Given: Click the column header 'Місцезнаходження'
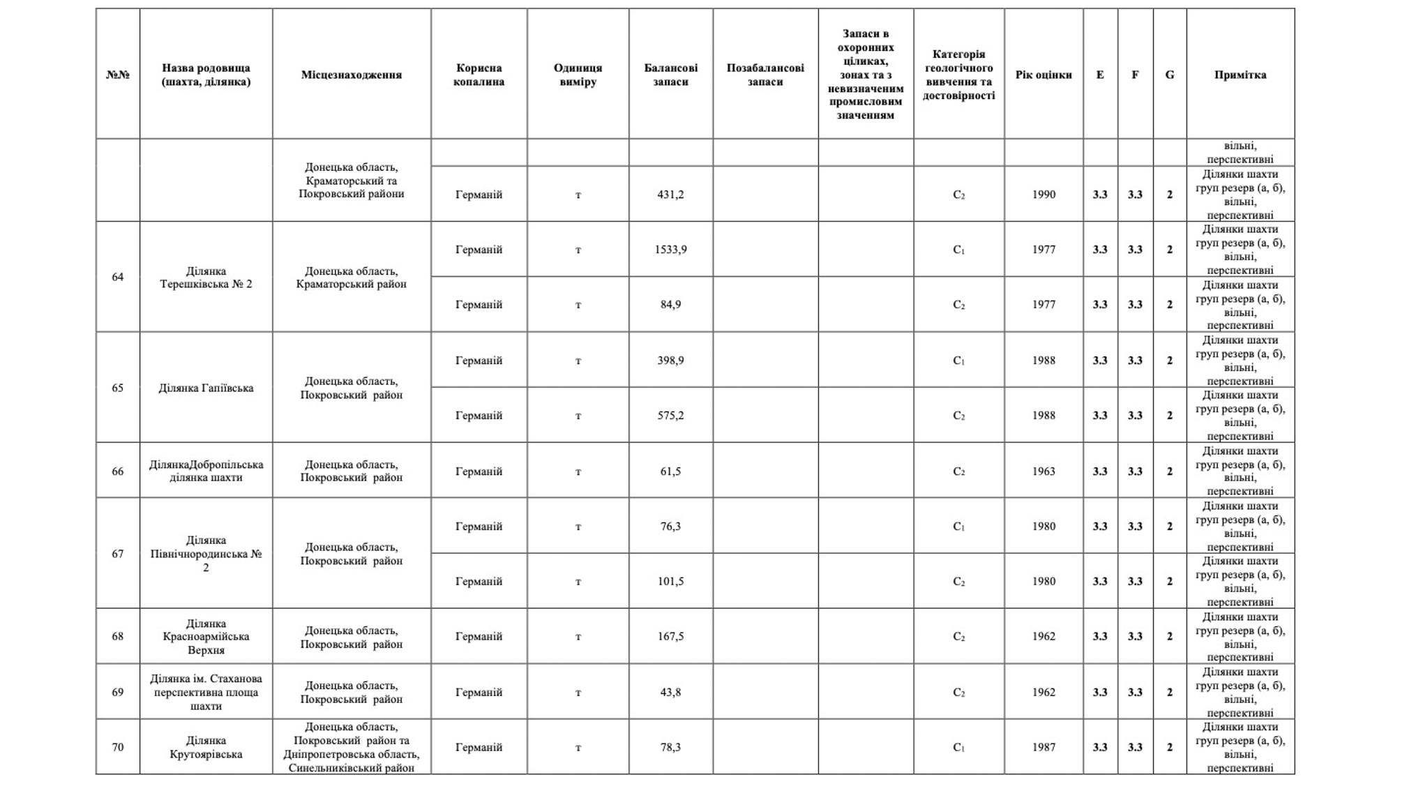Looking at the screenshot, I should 351,75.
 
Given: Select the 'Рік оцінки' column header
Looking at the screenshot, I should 1043,75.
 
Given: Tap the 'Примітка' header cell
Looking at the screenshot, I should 1240,75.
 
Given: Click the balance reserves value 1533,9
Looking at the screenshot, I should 670,250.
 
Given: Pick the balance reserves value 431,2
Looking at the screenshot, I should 670,195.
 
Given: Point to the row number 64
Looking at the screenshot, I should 118,277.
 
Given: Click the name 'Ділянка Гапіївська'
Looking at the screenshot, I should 206,388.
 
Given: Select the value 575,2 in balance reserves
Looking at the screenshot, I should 670,416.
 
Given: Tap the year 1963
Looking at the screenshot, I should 1044,472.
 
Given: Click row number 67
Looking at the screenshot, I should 118,554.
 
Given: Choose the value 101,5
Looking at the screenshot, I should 670,582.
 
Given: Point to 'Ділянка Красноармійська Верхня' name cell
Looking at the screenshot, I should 206,636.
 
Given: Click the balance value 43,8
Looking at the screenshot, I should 670,693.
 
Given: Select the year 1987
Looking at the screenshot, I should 1044,748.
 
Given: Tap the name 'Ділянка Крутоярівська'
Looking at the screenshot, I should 206,748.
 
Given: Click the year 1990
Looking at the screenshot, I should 1044,195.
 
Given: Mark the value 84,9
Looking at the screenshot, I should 670,305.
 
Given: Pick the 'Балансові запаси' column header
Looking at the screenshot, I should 670,75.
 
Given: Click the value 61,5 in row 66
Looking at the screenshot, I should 670,472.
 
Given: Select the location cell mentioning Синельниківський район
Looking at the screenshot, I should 351,748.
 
